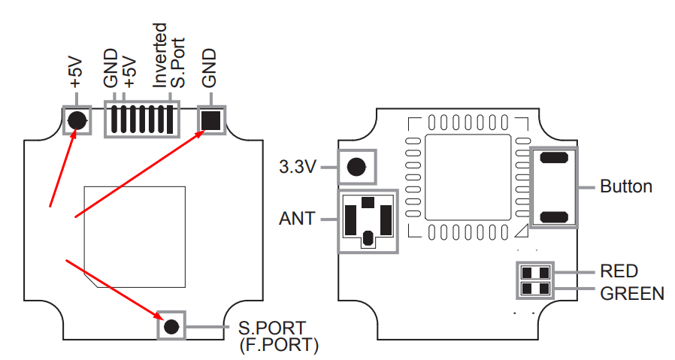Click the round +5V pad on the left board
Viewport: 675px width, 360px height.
[x=76, y=120]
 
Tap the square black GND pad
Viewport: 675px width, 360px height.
[x=211, y=119]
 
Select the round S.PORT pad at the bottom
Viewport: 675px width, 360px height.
[x=171, y=326]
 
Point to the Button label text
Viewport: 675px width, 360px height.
[x=626, y=186]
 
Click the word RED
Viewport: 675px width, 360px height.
[x=619, y=271]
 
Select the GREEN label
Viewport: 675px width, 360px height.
[x=632, y=292]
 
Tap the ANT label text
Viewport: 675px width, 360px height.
[x=297, y=219]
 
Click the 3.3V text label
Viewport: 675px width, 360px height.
[x=298, y=167]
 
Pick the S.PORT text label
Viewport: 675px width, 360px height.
[x=272, y=328]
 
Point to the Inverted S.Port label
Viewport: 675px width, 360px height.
[x=167, y=56]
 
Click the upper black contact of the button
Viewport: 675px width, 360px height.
[x=554, y=158]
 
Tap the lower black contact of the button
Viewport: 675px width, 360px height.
[x=554, y=216]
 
